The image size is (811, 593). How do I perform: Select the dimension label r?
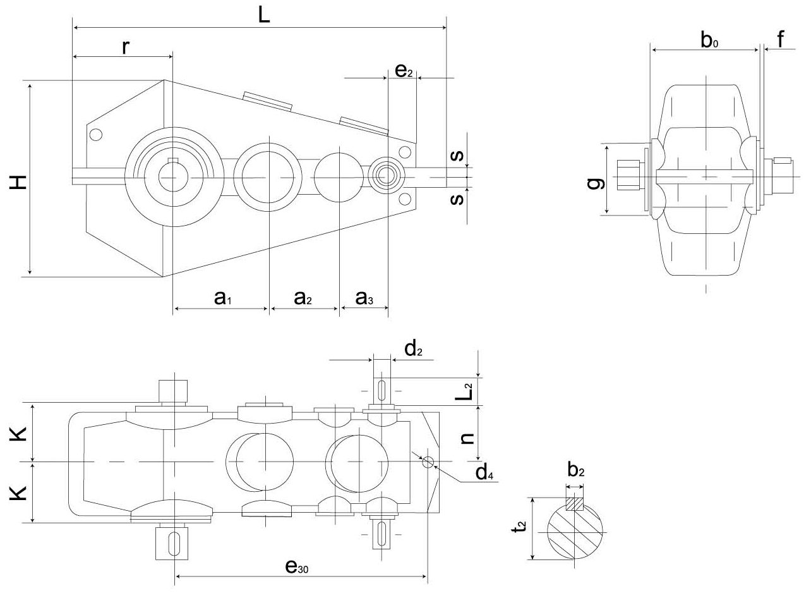126,46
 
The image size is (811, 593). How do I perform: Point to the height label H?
18,181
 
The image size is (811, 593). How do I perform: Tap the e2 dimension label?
404,70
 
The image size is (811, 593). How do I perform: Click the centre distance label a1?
222,298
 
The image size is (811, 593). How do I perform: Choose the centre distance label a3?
364,298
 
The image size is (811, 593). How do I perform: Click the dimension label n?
467,435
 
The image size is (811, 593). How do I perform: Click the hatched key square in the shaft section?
575,504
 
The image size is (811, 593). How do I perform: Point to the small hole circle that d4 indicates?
428,462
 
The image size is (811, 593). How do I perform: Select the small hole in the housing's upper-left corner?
96,134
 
